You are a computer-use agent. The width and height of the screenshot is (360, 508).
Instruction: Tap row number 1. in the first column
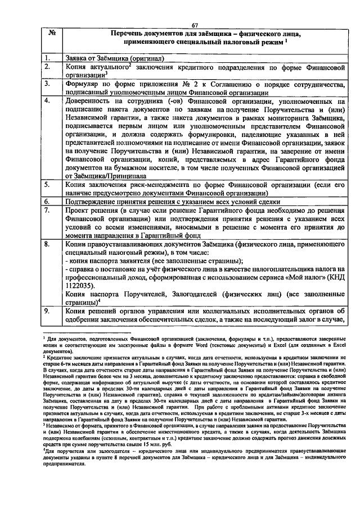(49, 58)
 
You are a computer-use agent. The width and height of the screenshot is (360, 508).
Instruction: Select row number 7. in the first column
(49, 209)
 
